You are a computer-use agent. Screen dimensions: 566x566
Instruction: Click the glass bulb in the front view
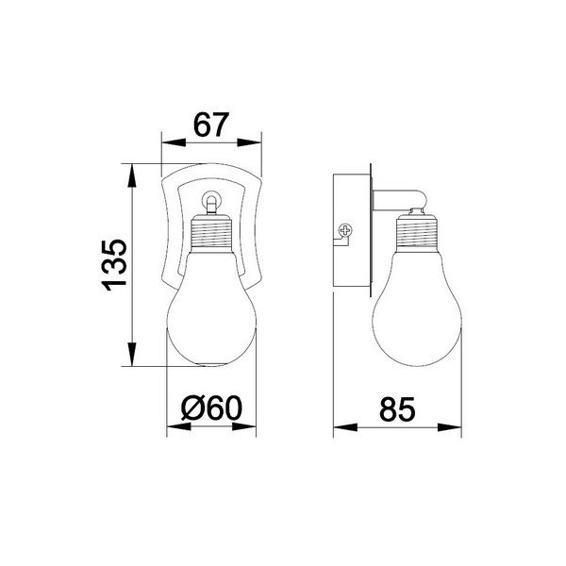[x=212, y=311]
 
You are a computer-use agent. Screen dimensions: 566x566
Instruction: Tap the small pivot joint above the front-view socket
[x=211, y=200]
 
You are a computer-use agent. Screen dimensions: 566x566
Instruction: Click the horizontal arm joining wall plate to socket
[x=396, y=198]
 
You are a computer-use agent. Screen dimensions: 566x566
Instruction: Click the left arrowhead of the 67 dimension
[x=169, y=144]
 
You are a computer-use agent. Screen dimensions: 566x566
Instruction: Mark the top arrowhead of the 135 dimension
[x=133, y=170]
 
